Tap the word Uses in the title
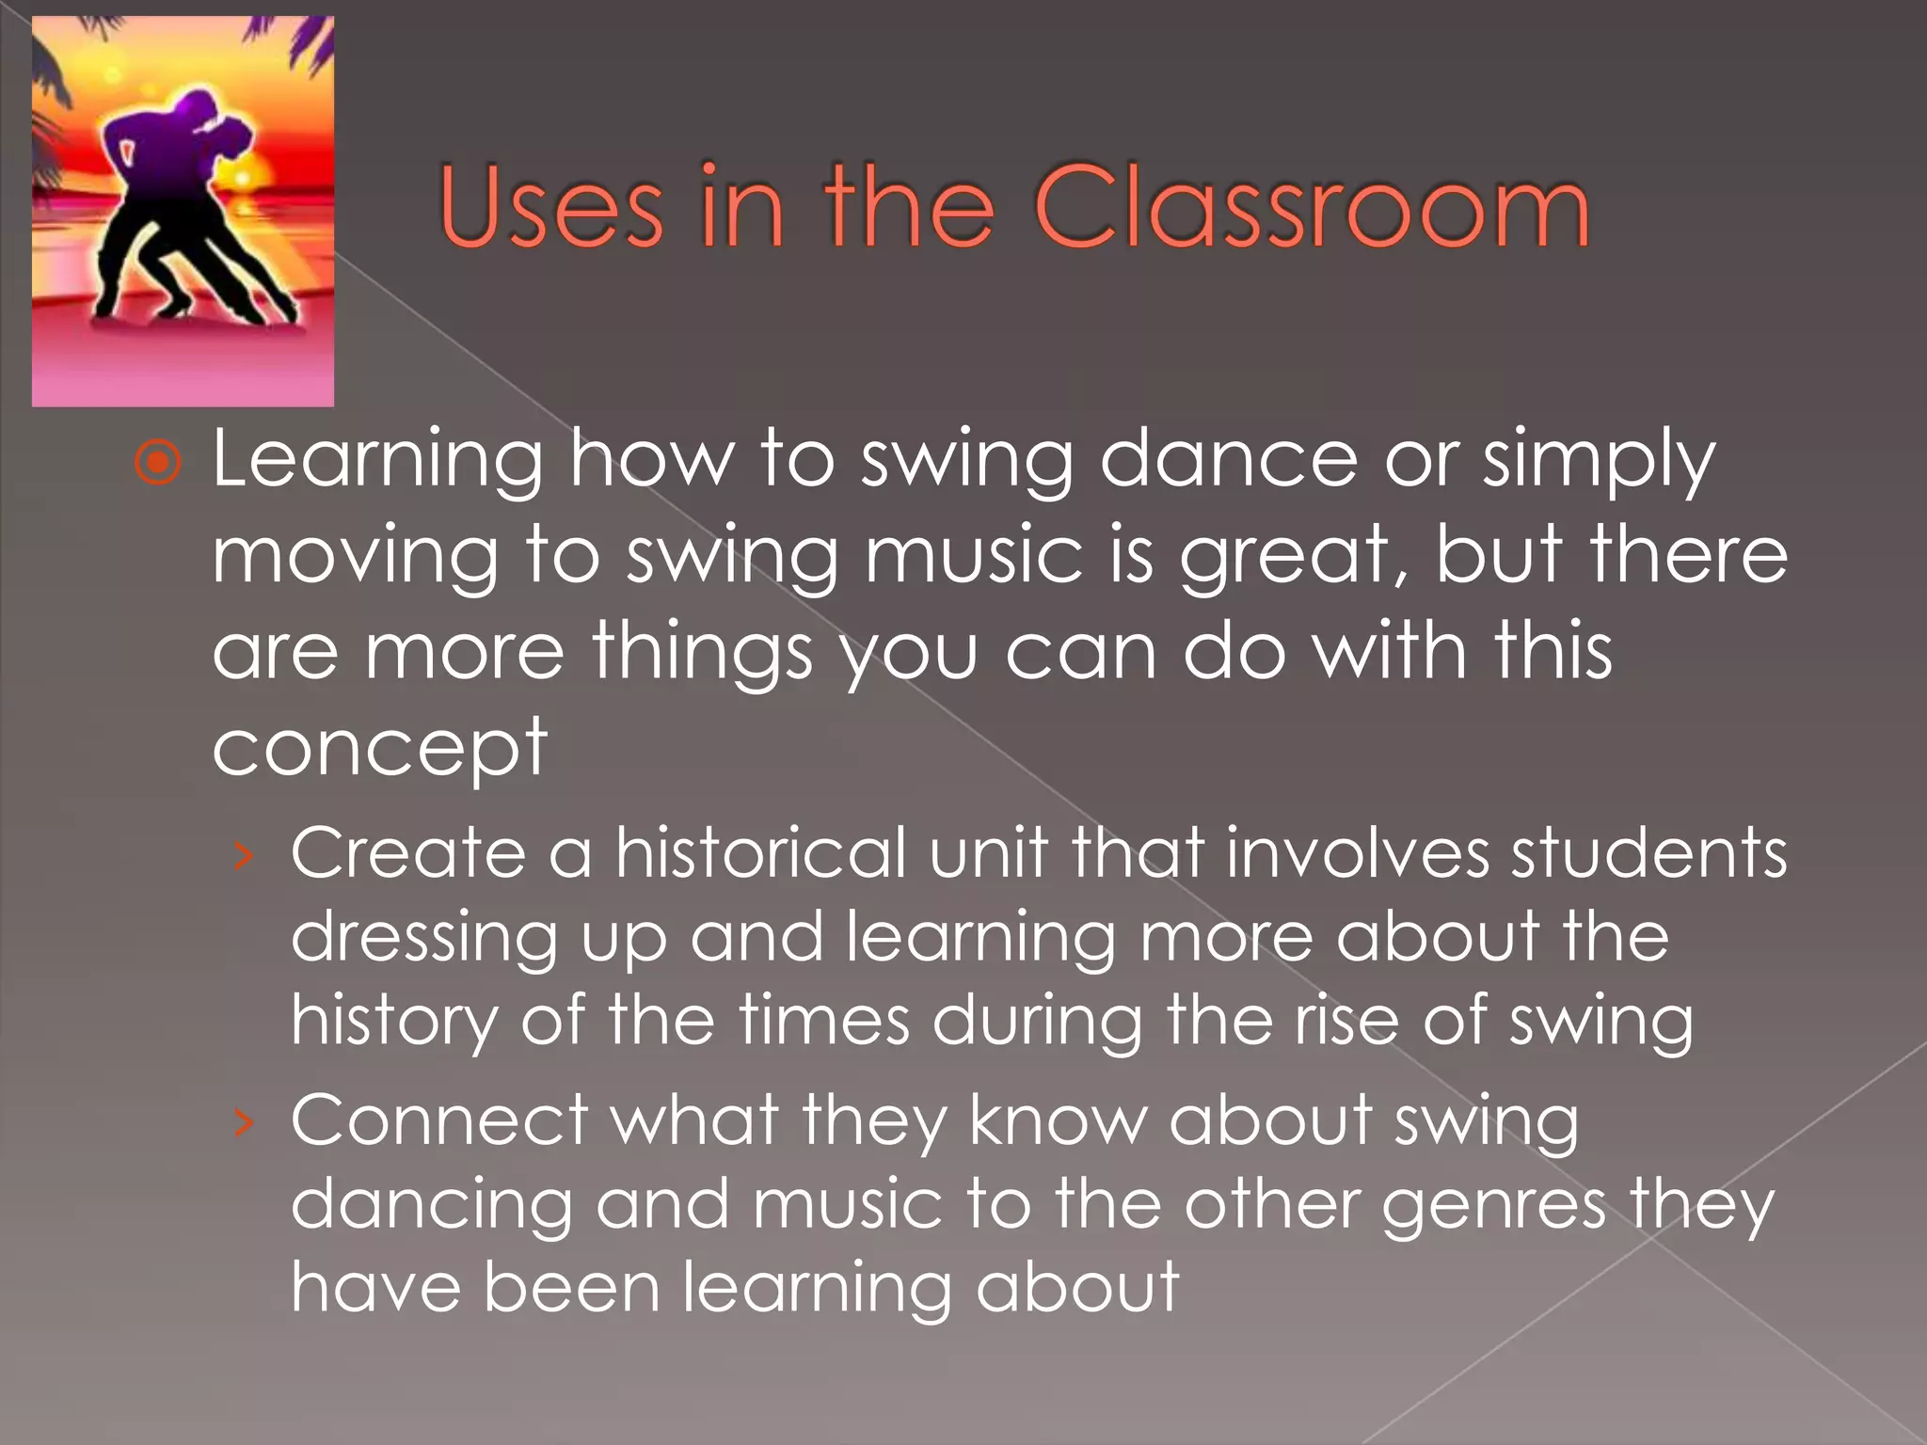click(550, 208)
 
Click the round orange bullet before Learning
click(157, 462)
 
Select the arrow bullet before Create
click(244, 854)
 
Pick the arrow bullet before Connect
click(244, 1121)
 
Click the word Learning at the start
click(377, 462)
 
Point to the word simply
click(1599, 462)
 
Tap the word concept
click(379, 749)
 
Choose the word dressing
click(424, 939)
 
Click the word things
click(701, 653)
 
